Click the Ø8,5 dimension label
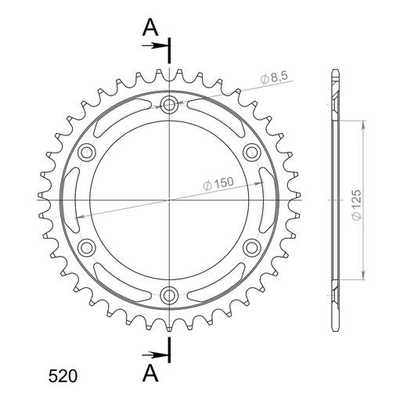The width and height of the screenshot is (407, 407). pyautogui.click(x=274, y=77)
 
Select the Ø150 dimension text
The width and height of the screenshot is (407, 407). pyautogui.click(x=218, y=184)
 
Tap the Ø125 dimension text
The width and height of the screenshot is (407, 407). pyautogui.click(x=357, y=205)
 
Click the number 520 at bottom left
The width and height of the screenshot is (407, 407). pyautogui.click(x=63, y=376)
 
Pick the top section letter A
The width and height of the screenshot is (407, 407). pyautogui.click(x=150, y=28)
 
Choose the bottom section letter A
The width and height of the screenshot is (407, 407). pyautogui.click(x=150, y=373)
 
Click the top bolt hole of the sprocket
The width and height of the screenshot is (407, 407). pyautogui.click(x=169, y=105)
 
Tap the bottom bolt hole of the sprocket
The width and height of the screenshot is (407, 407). pyautogui.click(x=169, y=295)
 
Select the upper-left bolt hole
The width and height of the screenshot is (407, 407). pyautogui.click(x=87, y=153)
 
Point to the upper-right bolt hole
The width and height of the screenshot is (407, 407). pyautogui.click(x=252, y=153)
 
